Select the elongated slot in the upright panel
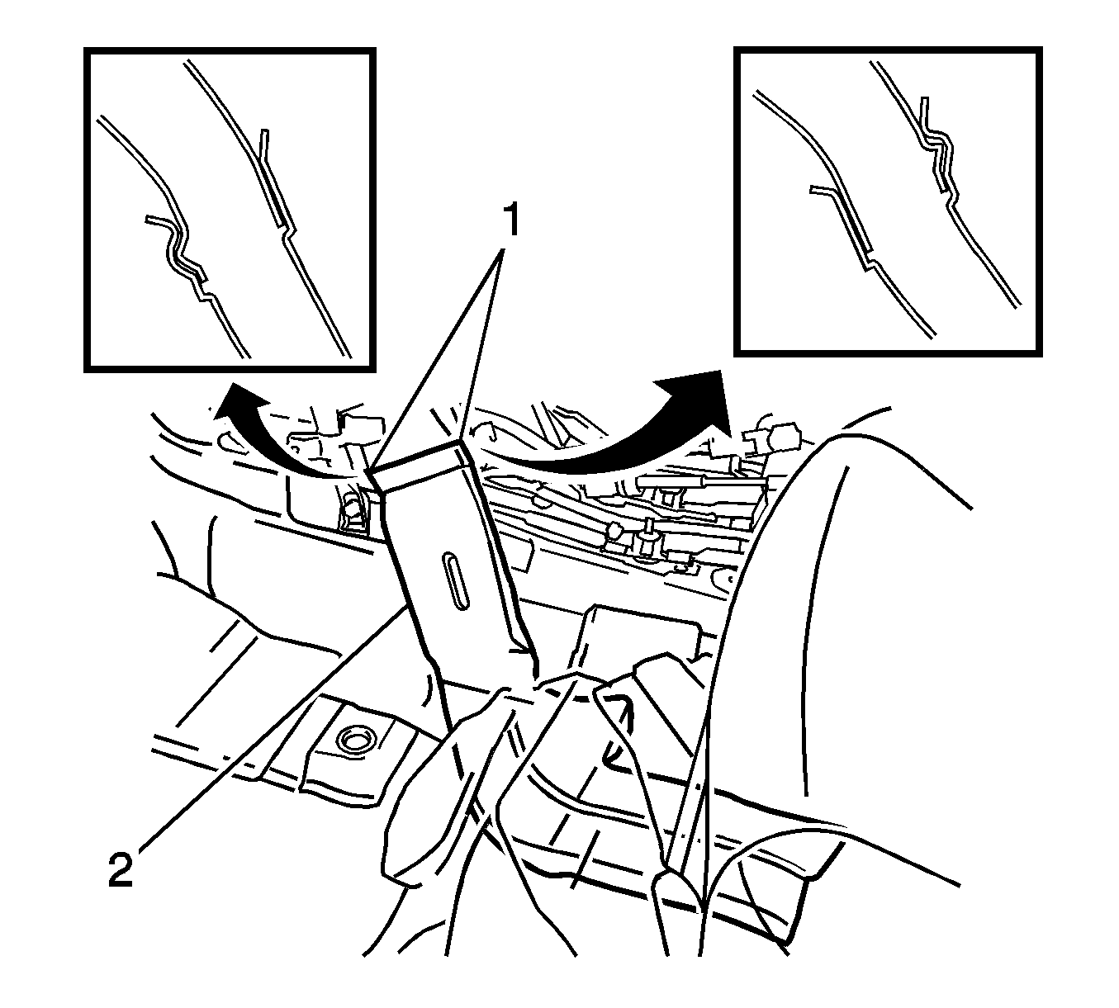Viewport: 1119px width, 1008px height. point(455,581)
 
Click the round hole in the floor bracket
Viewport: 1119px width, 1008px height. point(354,741)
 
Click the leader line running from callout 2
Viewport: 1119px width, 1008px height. point(274,736)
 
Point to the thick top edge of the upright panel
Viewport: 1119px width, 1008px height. point(415,456)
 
